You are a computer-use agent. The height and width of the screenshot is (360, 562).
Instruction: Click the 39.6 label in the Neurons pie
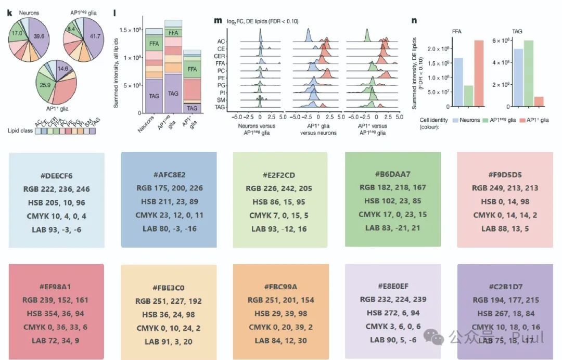[38, 36]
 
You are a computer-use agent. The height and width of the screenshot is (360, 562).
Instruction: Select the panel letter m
[218, 20]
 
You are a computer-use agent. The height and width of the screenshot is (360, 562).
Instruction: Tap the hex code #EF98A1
[56, 287]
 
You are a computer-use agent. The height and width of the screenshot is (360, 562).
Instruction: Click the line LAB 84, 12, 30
[280, 341]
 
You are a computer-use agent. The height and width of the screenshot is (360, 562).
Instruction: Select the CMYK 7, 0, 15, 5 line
[280, 215]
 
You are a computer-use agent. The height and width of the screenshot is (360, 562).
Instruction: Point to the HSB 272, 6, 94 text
[393, 313]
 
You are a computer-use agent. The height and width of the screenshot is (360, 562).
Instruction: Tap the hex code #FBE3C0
[169, 288]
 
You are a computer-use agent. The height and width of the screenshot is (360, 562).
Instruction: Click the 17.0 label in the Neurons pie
[17, 32]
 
